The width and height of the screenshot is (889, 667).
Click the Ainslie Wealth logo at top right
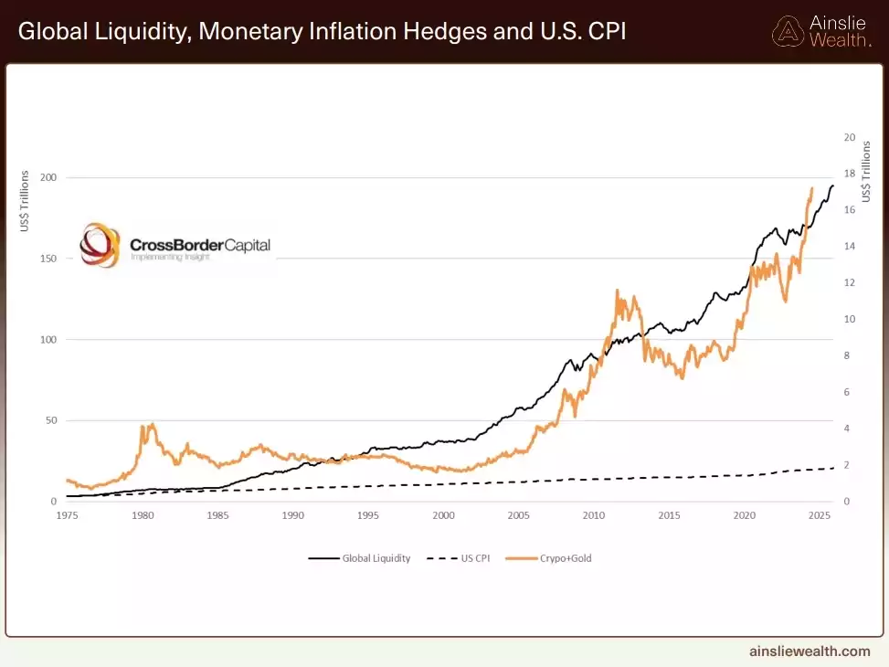821,31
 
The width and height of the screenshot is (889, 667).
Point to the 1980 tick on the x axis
143,515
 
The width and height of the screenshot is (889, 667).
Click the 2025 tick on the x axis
819,515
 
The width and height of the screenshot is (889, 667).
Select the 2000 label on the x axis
443,515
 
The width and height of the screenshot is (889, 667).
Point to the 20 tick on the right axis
849,138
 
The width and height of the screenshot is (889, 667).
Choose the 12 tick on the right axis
849,283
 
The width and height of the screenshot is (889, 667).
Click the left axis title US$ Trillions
25,200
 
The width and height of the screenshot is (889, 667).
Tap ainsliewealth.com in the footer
810,651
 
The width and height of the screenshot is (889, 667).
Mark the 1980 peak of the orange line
152,424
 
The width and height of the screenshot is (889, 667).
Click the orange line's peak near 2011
618,291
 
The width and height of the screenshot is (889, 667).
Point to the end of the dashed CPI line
833,468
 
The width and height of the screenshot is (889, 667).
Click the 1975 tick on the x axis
68,515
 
